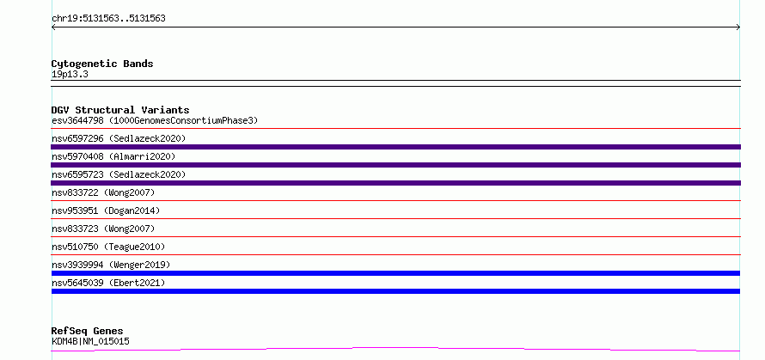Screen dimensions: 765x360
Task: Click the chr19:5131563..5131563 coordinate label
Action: [x=108, y=19]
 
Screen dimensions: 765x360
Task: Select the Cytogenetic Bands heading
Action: [x=102, y=64]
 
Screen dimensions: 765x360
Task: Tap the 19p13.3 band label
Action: [x=70, y=75]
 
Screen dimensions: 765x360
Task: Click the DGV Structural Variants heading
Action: [x=120, y=110]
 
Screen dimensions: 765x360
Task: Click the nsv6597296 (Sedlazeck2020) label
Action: [x=119, y=138]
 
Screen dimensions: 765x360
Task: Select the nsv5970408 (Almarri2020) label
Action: [x=113, y=156]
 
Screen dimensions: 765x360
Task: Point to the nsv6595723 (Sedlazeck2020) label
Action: [x=119, y=174]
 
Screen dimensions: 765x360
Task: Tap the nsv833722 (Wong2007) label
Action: [x=103, y=192]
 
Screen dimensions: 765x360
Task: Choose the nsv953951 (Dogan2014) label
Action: [x=106, y=211]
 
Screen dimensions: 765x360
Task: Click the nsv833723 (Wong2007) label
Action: [x=103, y=229]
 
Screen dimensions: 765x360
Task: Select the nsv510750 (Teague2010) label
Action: [x=108, y=247]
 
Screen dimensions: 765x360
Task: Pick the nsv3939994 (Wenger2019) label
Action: [x=111, y=265]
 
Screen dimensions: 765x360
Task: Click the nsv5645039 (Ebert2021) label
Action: [x=108, y=283]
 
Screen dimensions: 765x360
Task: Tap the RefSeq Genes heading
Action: [x=87, y=332]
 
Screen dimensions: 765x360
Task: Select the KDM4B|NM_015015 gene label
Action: [x=90, y=341]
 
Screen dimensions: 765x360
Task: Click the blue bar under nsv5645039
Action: [x=395, y=291]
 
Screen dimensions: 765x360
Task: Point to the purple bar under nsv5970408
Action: [x=395, y=165]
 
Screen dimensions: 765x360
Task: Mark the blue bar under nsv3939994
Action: [x=395, y=273]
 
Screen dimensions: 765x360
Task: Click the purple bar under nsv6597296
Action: [x=395, y=147]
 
